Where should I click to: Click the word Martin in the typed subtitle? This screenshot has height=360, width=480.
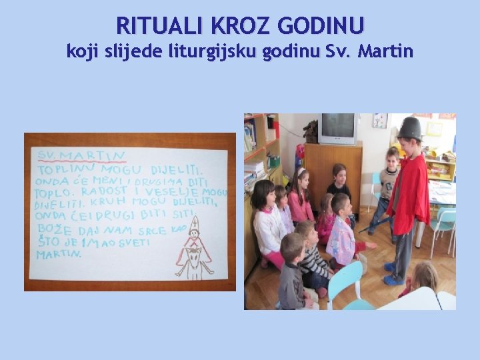click(x=385, y=50)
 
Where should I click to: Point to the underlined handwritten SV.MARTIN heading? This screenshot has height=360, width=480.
click(x=81, y=156)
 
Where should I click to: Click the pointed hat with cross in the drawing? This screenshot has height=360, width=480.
click(x=194, y=225)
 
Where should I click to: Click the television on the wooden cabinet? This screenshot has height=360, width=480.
click(x=337, y=129)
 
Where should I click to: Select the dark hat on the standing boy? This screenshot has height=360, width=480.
click(x=409, y=128)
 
